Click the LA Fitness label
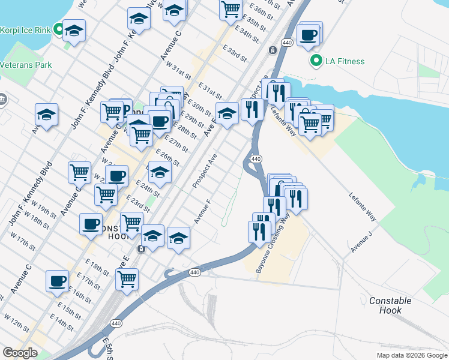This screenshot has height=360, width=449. coord(345,61)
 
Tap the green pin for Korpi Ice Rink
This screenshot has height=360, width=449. coord(59,29)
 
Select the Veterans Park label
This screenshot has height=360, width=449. coord(26,65)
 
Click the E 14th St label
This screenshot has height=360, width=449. coord(62,322)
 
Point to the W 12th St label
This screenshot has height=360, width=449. coord(17,322)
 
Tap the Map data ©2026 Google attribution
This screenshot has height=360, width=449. coord(412,355)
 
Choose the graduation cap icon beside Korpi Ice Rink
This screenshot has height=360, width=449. coord(74,30)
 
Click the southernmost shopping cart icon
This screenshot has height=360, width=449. coord(127,278)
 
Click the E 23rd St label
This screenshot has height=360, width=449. coord(137,203)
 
